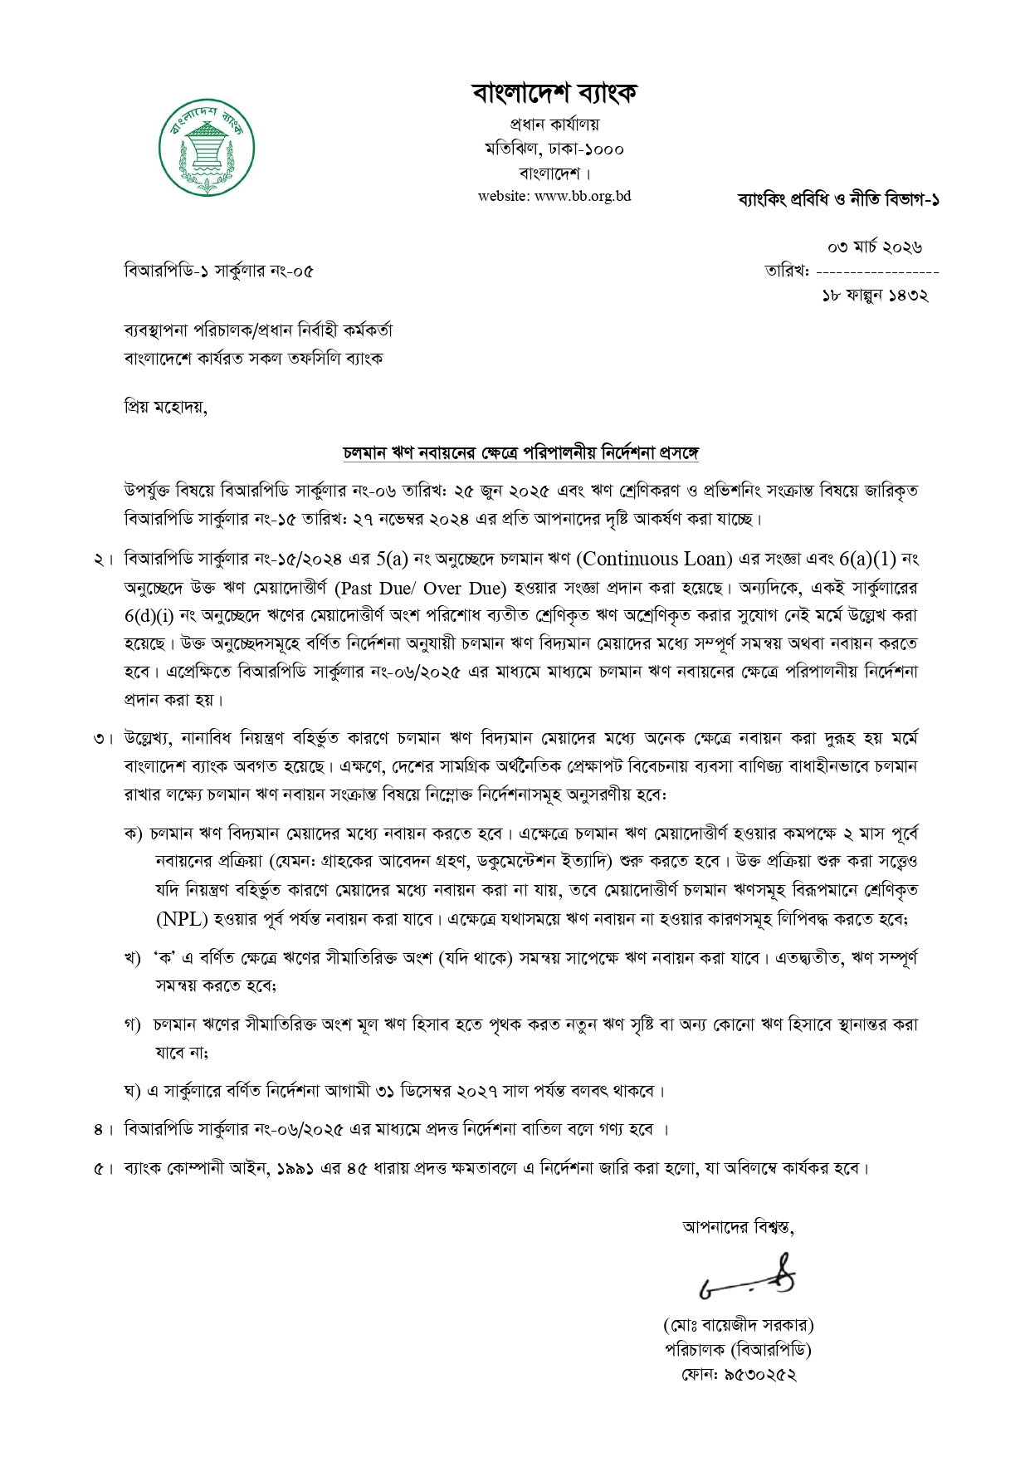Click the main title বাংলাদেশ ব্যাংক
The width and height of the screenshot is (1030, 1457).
coord(554,93)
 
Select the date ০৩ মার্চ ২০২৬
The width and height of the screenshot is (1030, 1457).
coord(876,247)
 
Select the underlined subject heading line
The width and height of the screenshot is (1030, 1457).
coord(522,453)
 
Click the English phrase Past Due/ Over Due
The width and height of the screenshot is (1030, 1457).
coord(421,588)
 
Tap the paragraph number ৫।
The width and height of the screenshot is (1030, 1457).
coord(103,1168)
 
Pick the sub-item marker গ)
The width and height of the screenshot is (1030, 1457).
coord(132,1024)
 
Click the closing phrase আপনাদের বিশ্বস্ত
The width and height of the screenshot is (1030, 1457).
coord(737,1227)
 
